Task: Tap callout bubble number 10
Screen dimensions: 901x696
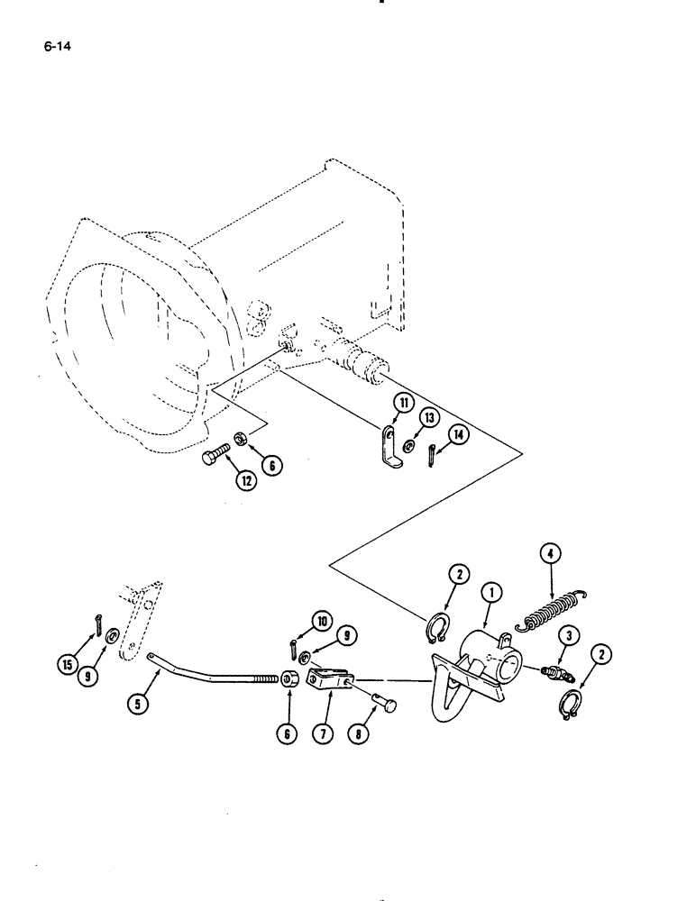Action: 322,619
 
